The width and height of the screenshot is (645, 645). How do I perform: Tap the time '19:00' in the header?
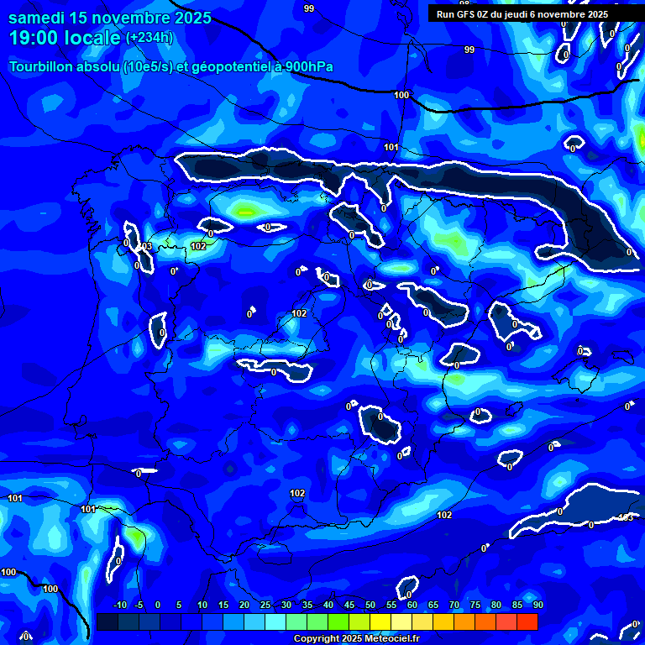pyautogui.click(x=36, y=38)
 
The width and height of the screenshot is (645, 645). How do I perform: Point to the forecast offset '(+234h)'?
pyautogui.click(x=149, y=38)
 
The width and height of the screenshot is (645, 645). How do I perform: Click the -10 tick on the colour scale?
pyautogui.click(x=119, y=606)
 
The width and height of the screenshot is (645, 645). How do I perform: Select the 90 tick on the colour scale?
pyautogui.click(x=537, y=606)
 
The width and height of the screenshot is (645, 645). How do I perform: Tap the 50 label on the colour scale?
pyautogui.click(x=370, y=606)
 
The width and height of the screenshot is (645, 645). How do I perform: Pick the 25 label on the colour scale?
pyautogui.click(x=265, y=606)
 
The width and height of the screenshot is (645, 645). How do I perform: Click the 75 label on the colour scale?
pyautogui.click(x=475, y=606)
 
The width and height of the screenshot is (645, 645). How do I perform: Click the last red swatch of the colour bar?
pyautogui.click(x=527, y=621)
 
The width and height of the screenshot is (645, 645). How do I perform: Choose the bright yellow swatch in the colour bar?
pyautogui.click(x=380, y=621)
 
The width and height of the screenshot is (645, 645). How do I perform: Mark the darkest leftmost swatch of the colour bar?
pyautogui.click(x=107, y=621)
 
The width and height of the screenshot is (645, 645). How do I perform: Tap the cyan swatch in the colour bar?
pyautogui.click(x=275, y=621)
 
